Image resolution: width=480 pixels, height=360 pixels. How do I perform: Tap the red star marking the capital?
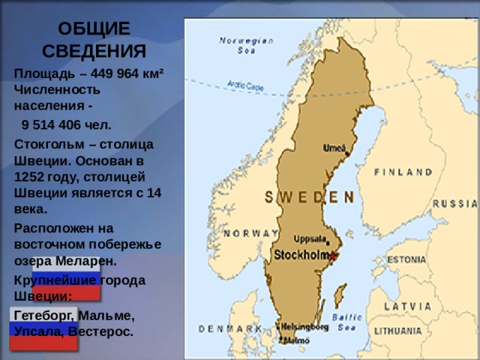coord(332,256)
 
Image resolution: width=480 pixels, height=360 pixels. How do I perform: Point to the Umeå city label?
coord(334,147)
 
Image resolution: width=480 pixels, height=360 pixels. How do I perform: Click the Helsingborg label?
coord(304,327)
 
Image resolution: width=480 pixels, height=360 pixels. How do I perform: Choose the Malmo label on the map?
coord(295,340)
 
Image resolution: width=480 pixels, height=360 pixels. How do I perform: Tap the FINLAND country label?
coord(403,172)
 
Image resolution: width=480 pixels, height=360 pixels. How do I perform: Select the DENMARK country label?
coord(229,328)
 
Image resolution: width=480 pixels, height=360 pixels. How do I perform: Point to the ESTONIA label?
coord(406,259)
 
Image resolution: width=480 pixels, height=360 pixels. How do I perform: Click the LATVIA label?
coord(407,306)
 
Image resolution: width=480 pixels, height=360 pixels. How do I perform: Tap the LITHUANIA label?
coord(398,330)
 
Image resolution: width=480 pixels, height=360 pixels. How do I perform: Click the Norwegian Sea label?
coord(246,46)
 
